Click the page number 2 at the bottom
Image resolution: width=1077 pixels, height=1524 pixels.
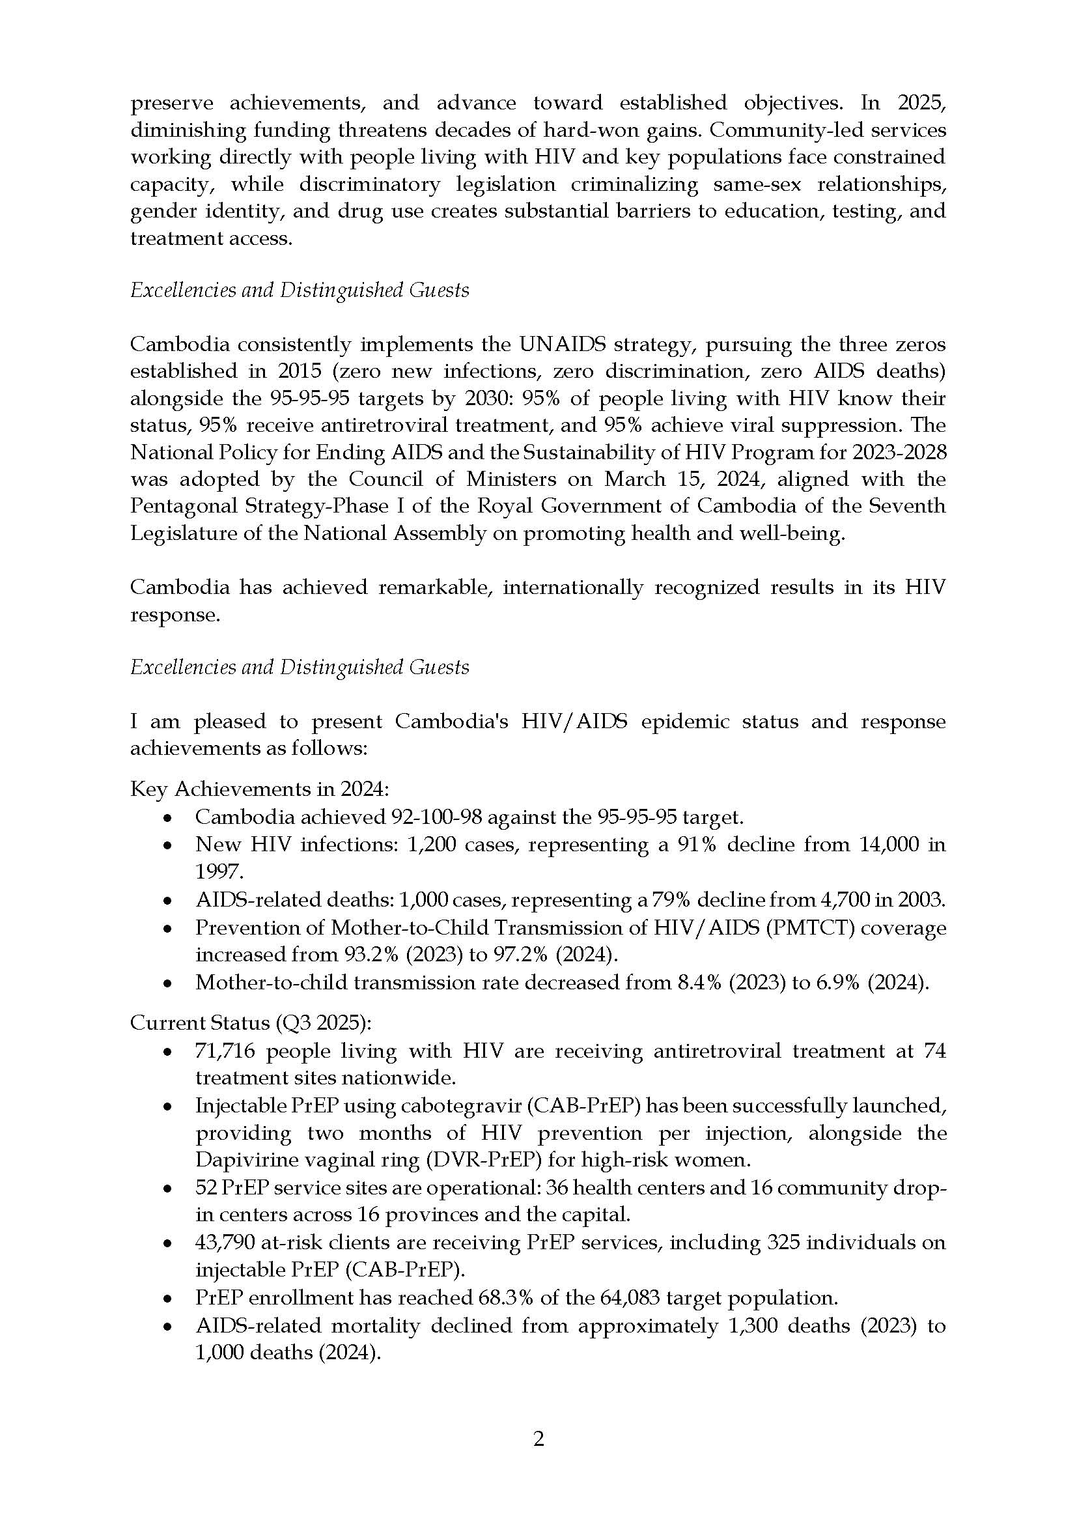click(538, 1439)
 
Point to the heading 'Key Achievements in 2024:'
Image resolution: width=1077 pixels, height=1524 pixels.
click(259, 789)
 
